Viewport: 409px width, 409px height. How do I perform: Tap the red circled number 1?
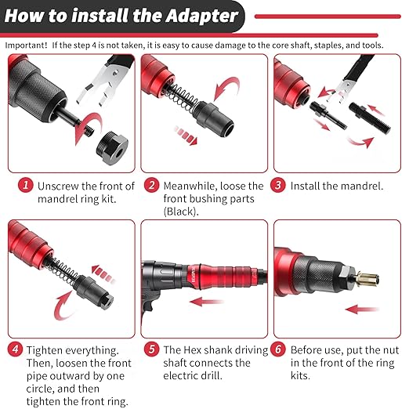(26, 186)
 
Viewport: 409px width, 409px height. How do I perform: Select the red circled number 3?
(277, 186)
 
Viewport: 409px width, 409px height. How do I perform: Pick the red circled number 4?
(15, 349)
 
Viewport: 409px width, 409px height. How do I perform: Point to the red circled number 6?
(277, 349)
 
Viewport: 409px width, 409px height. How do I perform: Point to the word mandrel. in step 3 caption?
(357, 186)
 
